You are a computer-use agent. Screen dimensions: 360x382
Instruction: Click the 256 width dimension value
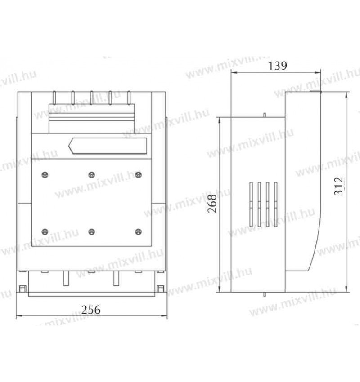[91, 310]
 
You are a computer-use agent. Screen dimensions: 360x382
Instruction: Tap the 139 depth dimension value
[278, 66]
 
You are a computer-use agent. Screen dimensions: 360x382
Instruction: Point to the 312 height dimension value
[338, 186]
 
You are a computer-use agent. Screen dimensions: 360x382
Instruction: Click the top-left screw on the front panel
[45, 175]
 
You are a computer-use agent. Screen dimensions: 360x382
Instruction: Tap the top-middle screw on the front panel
[91, 175]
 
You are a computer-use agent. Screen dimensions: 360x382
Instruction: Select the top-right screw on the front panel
[138, 175]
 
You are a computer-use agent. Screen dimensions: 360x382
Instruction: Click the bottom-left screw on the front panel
[45, 232]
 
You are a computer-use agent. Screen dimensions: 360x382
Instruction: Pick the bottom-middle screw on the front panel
[91, 232]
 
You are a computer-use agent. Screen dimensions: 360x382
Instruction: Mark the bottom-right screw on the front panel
[138, 232]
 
